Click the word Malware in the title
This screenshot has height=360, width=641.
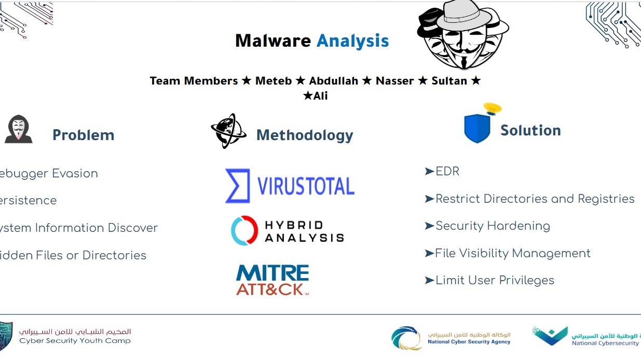coord(273,40)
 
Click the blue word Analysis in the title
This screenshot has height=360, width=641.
coord(352,40)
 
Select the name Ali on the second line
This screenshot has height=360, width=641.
coord(321,96)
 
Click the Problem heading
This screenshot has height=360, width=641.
coord(83,135)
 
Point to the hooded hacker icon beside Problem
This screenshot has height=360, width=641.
coord(19,130)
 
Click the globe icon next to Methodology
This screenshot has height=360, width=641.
coord(228,131)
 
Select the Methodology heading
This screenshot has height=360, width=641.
coord(305,135)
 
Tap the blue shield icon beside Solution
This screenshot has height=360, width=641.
coord(477,129)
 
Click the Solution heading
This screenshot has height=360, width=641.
coord(530,130)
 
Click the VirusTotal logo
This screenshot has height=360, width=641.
coord(290,186)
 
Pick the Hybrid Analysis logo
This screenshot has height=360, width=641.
coord(288,231)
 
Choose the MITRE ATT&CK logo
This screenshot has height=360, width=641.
coord(272,280)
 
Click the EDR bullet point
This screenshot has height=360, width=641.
coord(447,171)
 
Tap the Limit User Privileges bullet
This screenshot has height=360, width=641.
coord(494,280)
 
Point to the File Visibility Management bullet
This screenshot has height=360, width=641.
coord(512,253)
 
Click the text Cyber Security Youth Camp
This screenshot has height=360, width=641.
coord(75,341)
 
